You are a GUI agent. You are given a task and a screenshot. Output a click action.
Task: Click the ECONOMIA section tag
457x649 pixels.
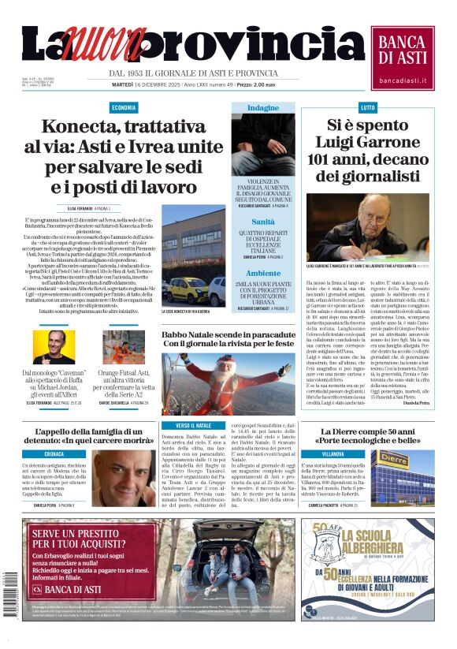coord(123,107)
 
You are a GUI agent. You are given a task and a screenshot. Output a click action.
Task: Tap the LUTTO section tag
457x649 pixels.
coord(345,107)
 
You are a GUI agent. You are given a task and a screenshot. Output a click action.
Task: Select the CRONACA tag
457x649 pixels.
coord(54,454)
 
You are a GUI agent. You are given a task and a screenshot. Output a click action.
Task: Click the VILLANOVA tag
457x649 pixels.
coord(333,455)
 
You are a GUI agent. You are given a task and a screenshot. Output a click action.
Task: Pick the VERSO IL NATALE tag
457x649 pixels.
coord(191,426)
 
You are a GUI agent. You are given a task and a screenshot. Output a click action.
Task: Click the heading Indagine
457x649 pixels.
coord(262,107)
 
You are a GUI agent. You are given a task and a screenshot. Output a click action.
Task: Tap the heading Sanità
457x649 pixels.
coord(262,222)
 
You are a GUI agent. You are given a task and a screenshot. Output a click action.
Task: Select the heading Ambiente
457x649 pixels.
coord(262,273)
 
